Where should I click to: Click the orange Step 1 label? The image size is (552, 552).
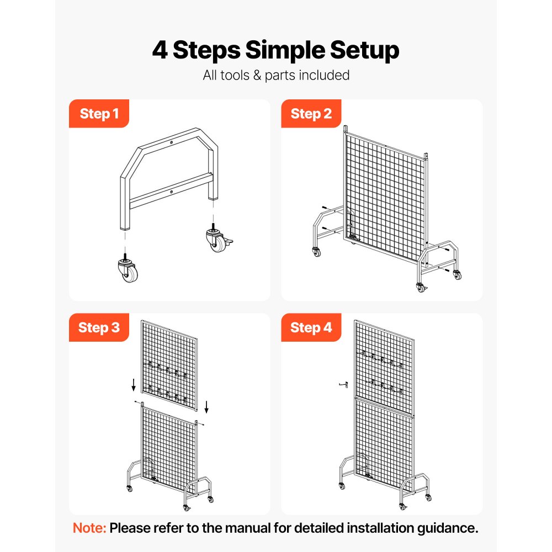coord(99,114)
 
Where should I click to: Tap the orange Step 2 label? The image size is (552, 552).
coord(311,114)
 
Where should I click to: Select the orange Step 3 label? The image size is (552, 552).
coord(99,327)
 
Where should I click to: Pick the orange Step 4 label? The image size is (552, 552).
coord(311,327)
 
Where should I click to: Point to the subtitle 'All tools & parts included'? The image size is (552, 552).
coord(276,75)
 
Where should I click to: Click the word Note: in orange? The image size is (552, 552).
coord(89,528)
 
